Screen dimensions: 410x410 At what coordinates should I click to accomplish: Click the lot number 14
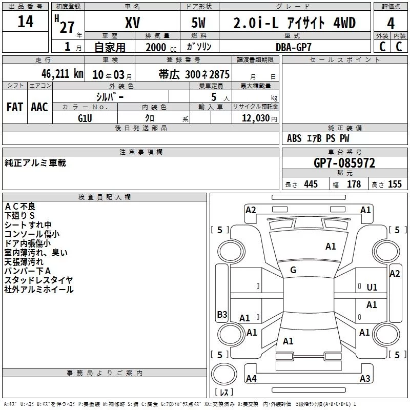click(x=25, y=22)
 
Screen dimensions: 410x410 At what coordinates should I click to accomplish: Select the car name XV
click(x=133, y=23)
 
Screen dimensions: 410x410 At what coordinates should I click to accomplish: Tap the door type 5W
click(x=198, y=23)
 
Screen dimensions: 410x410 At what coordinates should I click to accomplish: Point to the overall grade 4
click(x=391, y=24)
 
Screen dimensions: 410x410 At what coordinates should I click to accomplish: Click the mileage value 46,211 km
click(x=62, y=74)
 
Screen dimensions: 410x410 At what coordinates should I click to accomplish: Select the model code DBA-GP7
click(x=294, y=47)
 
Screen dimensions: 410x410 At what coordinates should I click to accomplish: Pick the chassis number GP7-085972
click(x=344, y=163)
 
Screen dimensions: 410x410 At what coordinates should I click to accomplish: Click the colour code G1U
click(x=85, y=118)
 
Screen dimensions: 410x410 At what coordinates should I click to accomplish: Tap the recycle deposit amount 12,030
click(x=256, y=118)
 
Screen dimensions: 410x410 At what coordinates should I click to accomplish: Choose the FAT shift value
click(x=15, y=107)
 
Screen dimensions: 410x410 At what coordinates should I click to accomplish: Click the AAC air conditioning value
click(x=39, y=107)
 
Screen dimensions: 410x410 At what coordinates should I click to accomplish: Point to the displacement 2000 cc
click(x=161, y=47)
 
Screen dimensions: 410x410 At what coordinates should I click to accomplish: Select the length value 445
click(x=311, y=184)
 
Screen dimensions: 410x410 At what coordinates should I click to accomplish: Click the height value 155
click(x=395, y=184)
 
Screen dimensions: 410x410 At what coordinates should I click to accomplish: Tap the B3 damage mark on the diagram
click(x=222, y=314)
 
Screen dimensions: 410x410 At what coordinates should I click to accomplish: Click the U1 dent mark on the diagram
click(x=372, y=288)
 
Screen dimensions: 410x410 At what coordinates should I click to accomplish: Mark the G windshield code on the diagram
click(x=293, y=270)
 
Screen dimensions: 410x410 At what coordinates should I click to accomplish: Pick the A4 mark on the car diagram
click(x=251, y=378)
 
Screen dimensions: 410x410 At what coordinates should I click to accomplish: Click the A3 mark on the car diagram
click(x=365, y=378)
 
